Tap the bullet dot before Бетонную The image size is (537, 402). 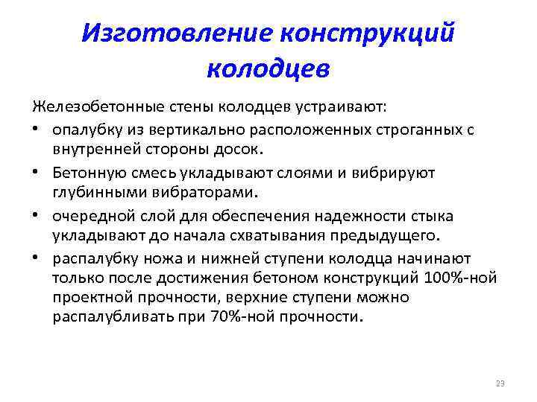(38, 173)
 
